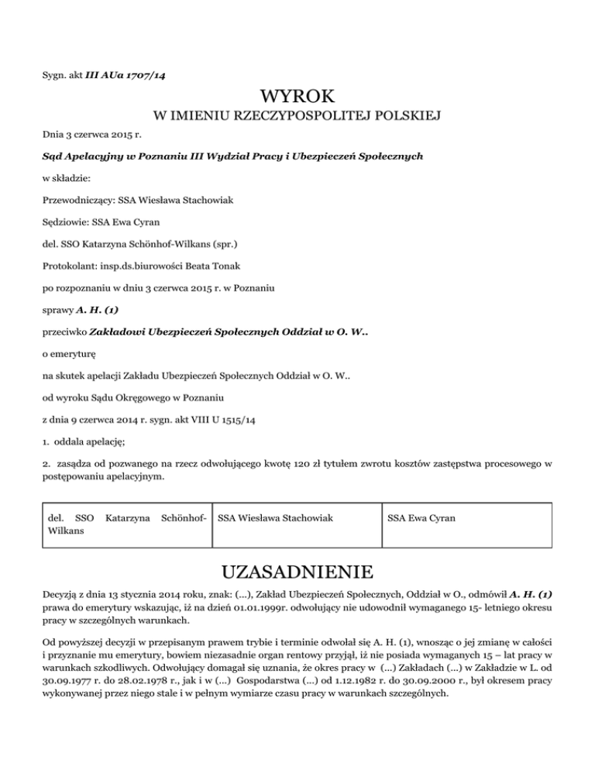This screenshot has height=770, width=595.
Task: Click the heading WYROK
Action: (297, 97)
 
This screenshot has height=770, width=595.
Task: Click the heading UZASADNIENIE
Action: (297, 573)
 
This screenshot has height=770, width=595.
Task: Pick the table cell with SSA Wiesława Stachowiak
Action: (277, 516)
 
